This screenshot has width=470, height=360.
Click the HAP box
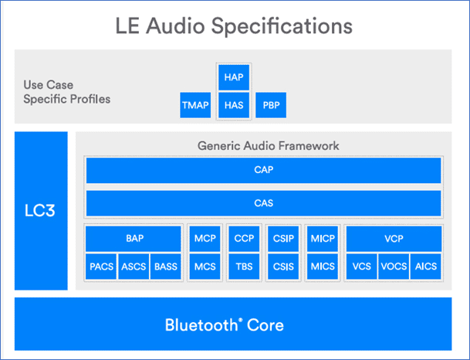(232, 77)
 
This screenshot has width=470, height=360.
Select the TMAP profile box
(194, 106)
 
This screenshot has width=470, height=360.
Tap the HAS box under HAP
(232, 106)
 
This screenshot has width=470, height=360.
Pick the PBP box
(270, 106)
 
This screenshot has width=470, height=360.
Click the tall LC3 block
(41, 211)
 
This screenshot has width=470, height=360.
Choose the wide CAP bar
(263, 171)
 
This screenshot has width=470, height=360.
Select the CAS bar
(263, 204)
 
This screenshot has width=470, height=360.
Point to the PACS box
(102, 267)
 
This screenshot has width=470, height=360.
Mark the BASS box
(165, 267)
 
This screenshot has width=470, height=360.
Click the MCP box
(205, 239)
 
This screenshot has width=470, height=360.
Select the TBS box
(244, 267)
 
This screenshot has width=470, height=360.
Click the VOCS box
(394, 267)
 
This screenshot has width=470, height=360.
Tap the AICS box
(426, 267)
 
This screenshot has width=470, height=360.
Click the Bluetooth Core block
(224, 324)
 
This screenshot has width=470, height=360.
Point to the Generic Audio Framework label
(268, 145)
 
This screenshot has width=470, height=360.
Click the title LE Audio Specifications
(234, 26)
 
